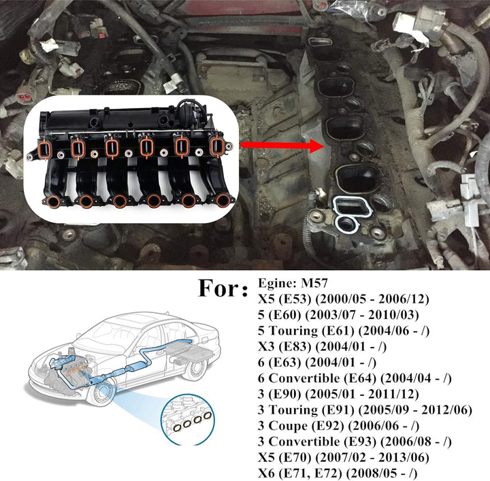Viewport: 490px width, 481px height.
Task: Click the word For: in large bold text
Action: [x=223, y=288]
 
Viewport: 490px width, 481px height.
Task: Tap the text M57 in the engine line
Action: [x=314, y=283]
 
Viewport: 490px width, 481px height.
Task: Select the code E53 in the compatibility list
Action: [x=295, y=299]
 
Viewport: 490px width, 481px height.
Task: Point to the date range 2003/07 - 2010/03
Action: [x=362, y=315]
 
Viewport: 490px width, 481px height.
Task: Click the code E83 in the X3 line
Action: [x=295, y=347]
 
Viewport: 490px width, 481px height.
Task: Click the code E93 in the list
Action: [x=360, y=442]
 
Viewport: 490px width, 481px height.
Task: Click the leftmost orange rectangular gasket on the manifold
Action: [x=46, y=149]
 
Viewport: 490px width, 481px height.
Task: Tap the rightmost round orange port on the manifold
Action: [x=223, y=200]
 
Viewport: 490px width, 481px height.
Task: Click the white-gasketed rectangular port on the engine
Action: [x=353, y=207]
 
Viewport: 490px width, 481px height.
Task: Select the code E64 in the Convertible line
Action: [x=360, y=378]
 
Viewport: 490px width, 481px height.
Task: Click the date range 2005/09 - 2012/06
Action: [x=415, y=410]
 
